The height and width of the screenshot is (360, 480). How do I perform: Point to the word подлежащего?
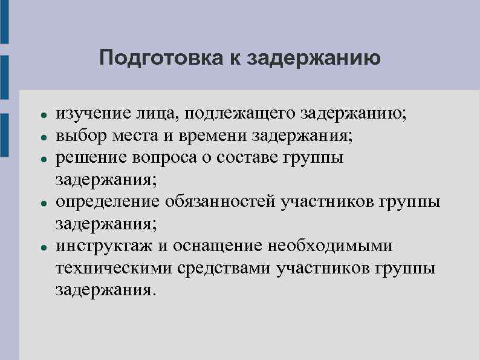236,113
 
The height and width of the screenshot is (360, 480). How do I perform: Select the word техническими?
112,267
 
